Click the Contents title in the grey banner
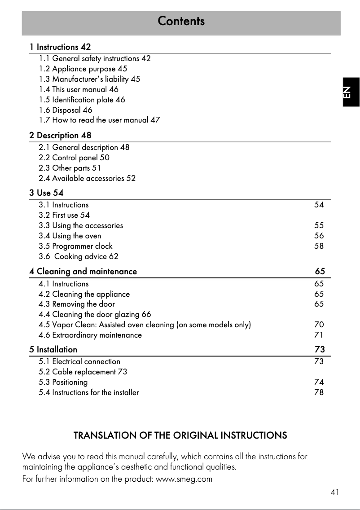click(181, 21)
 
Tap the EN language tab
click(351, 92)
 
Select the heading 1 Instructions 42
click(60, 47)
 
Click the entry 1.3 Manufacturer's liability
click(89, 79)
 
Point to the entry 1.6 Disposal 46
click(66, 110)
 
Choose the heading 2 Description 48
click(60, 135)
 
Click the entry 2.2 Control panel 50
click(74, 158)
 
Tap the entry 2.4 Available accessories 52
click(87, 178)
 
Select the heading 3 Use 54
click(46, 193)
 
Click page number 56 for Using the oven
click(319, 236)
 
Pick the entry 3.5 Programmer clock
click(75, 246)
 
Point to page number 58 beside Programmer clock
click(319, 246)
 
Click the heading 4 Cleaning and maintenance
click(83, 272)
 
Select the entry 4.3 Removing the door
click(77, 304)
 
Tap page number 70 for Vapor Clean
click(319, 325)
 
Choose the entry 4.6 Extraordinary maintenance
click(90, 335)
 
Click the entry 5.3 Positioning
click(63, 382)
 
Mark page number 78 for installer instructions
click(319, 392)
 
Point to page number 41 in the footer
click(334, 492)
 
